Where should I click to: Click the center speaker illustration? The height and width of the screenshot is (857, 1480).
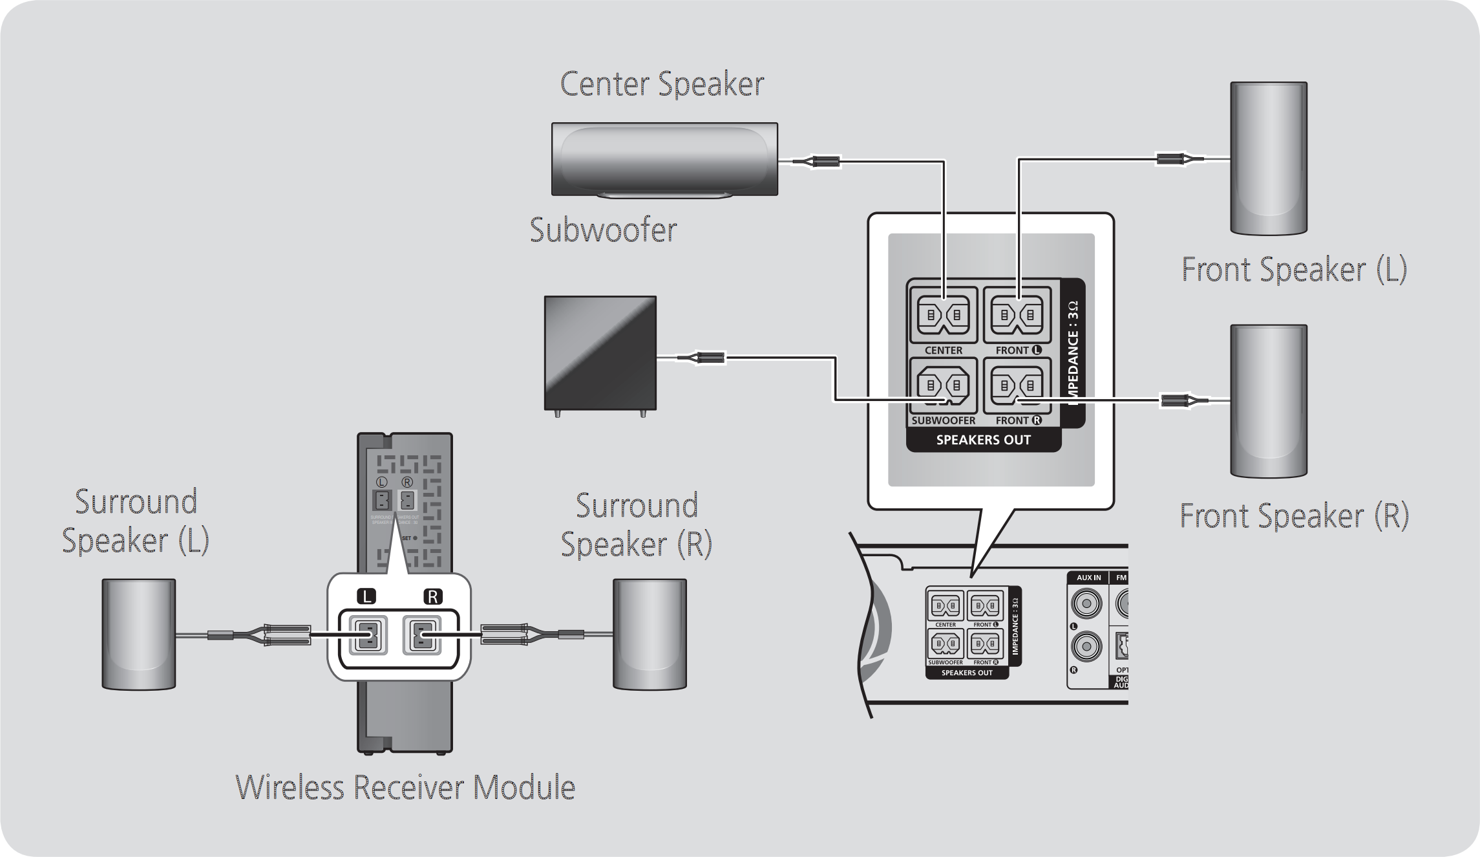[x=664, y=159]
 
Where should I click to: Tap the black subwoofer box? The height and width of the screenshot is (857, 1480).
[x=600, y=353]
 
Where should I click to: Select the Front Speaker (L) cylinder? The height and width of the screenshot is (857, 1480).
[x=1268, y=158]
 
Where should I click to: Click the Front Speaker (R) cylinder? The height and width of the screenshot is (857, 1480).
[x=1268, y=401]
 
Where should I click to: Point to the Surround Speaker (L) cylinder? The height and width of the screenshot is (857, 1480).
[x=138, y=634]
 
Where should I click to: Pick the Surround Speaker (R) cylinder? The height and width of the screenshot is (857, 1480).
[x=650, y=634]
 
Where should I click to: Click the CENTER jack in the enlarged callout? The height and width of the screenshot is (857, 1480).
[x=944, y=316]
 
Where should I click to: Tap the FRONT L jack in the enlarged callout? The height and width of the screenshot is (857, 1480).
[x=1017, y=316]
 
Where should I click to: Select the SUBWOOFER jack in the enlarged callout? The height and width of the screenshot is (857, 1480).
[x=944, y=386]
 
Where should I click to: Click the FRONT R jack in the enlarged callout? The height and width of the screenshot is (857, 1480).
[x=1017, y=386]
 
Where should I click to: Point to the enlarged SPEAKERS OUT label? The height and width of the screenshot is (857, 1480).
[x=983, y=440]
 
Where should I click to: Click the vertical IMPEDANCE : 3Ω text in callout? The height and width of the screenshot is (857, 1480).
[x=1073, y=353]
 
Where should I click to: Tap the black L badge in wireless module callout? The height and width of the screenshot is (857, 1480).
[x=366, y=596]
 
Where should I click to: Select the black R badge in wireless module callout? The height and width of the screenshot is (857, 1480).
[x=432, y=596]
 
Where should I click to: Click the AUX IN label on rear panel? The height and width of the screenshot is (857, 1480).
[x=1088, y=578]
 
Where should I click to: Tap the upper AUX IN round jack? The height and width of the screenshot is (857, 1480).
[x=1086, y=604]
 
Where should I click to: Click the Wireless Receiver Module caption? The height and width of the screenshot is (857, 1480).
[x=405, y=788]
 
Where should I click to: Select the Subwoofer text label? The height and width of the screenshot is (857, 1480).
[x=603, y=230]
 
